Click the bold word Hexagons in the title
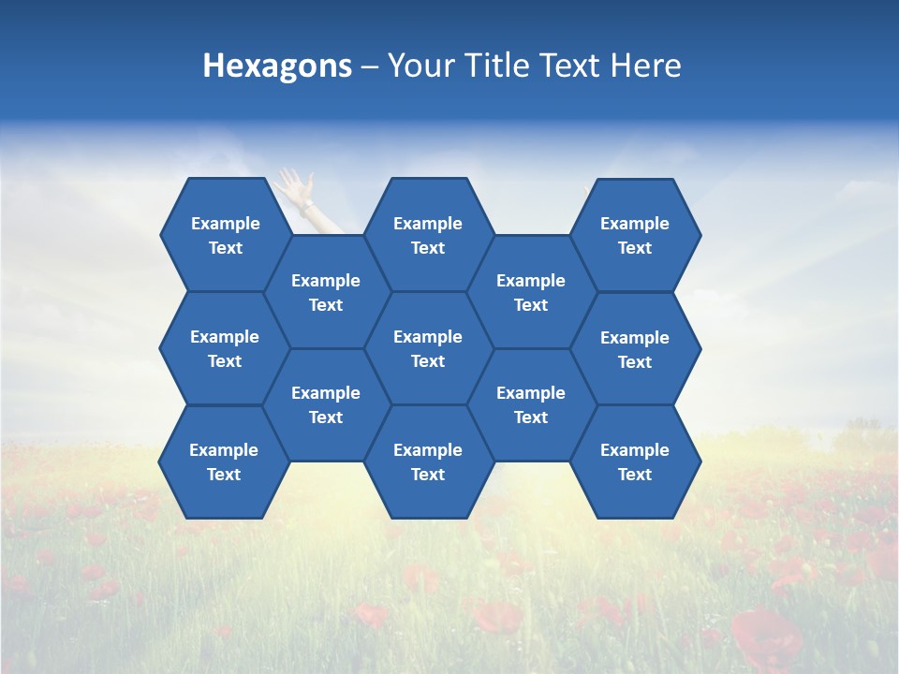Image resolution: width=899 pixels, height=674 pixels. click(x=277, y=66)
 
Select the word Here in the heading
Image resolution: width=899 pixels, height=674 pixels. click(x=645, y=66)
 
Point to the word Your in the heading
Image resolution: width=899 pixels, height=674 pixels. click(x=416, y=66)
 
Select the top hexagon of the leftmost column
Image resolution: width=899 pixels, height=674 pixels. click(x=225, y=235)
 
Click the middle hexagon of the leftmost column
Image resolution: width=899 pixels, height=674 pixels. click(x=225, y=348)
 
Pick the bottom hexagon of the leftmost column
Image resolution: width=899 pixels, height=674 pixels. click(x=224, y=462)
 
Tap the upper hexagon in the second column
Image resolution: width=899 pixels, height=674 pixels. click(x=326, y=292)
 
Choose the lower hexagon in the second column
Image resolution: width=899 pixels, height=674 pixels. click(x=326, y=404)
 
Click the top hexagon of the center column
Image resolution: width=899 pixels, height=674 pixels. click(x=428, y=235)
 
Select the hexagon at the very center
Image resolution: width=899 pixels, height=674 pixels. click(x=428, y=348)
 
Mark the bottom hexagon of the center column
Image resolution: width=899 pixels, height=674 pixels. click(x=428, y=462)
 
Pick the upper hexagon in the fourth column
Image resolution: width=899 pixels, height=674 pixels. click(x=531, y=292)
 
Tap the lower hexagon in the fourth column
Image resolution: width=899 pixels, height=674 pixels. click(x=531, y=404)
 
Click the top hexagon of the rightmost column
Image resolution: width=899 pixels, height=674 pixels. click(x=635, y=235)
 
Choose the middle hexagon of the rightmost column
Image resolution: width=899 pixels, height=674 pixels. click(x=635, y=349)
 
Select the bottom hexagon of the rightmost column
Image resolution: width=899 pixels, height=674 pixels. click(x=635, y=462)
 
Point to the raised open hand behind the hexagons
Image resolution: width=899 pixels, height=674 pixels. click(x=294, y=183)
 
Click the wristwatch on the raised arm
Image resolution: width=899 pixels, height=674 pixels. click(x=307, y=203)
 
